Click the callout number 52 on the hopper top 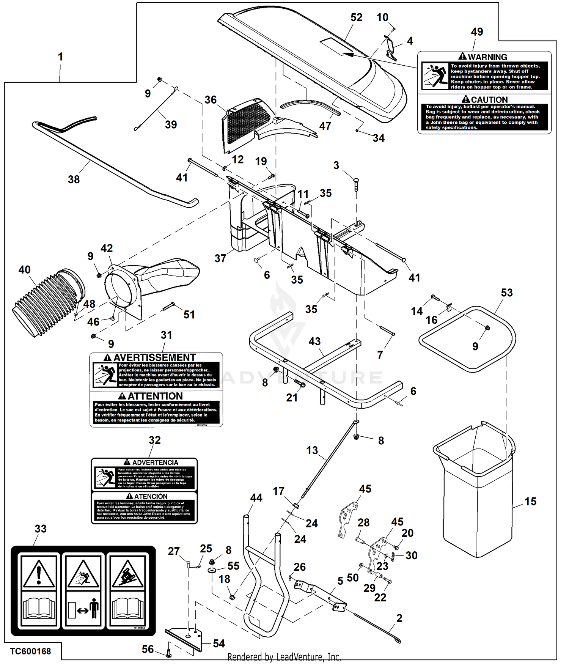tap(356, 17)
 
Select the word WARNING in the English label tap(487, 57)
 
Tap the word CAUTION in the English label tap(489, 100)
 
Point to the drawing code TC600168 tap(30, 651)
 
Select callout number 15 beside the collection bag tap(530, 501)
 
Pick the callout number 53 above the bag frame tap(506, 293)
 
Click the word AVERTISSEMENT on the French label tap(154, 357)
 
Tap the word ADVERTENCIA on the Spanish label tap(155, 463)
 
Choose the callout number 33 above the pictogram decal tap(41, 529)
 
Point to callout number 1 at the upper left tap(60, 57)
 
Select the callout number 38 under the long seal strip tap(74, 179)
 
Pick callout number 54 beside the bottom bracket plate tap(219, 643)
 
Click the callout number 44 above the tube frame tap(256, 497)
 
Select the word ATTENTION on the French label tap(155, 396)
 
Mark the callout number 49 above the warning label tap(477, 32)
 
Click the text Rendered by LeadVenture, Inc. tap(284, 656)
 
